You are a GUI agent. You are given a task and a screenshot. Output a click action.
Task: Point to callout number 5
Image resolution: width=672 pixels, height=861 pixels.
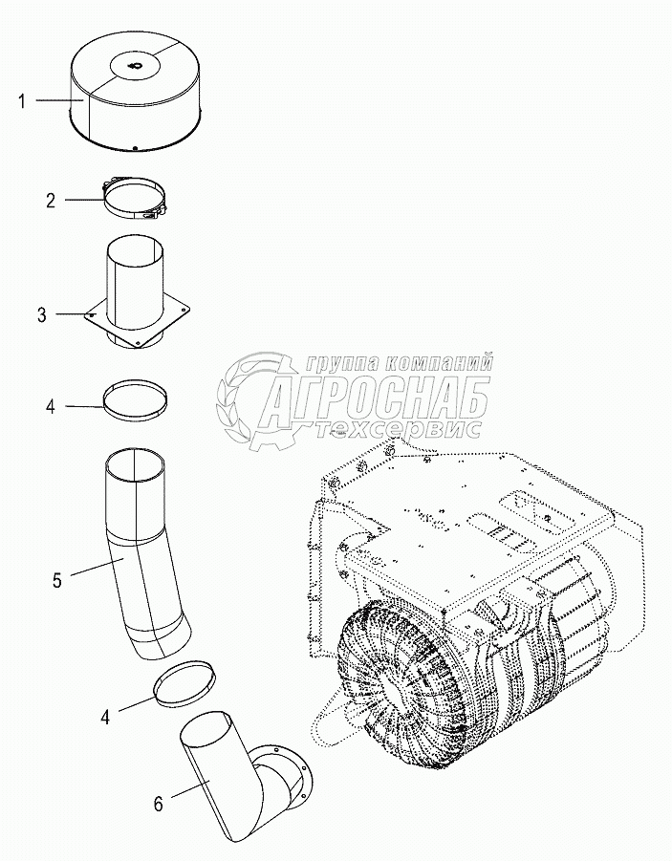57,580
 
